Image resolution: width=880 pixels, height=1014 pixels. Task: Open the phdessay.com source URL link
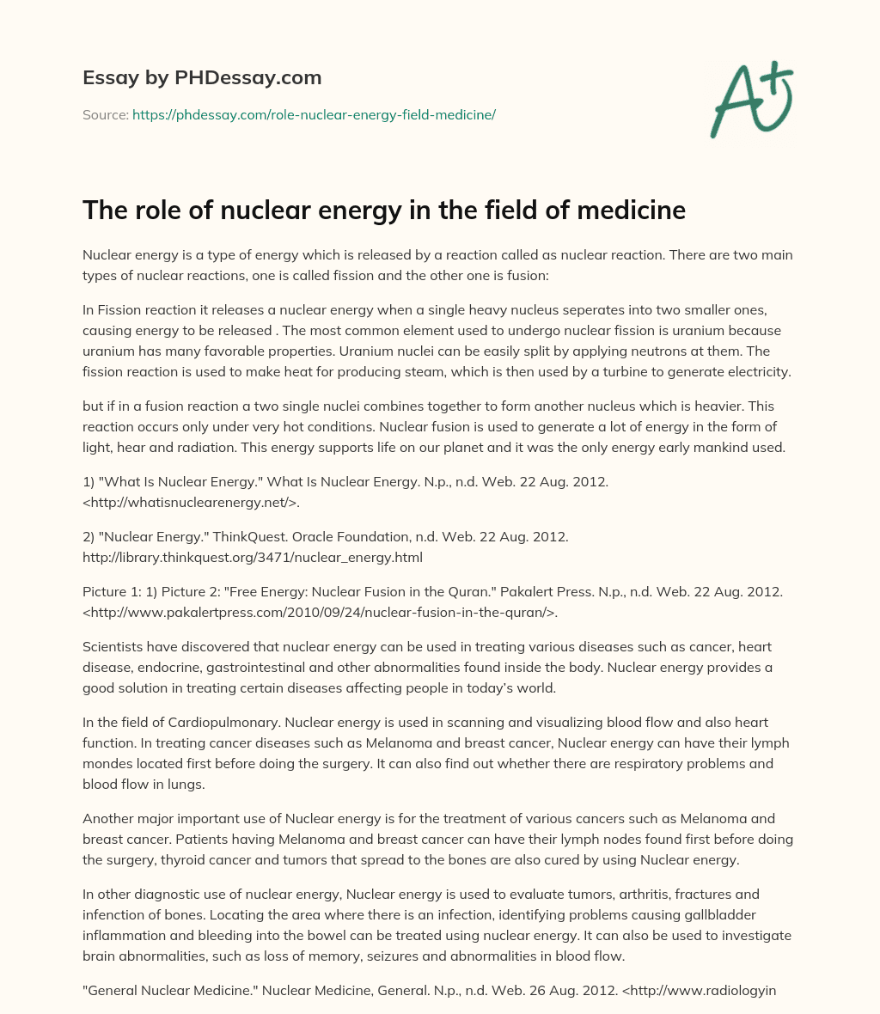click(x=314, y=114)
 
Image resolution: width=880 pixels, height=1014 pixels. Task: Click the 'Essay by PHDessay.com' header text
click(x=202, y=78)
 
